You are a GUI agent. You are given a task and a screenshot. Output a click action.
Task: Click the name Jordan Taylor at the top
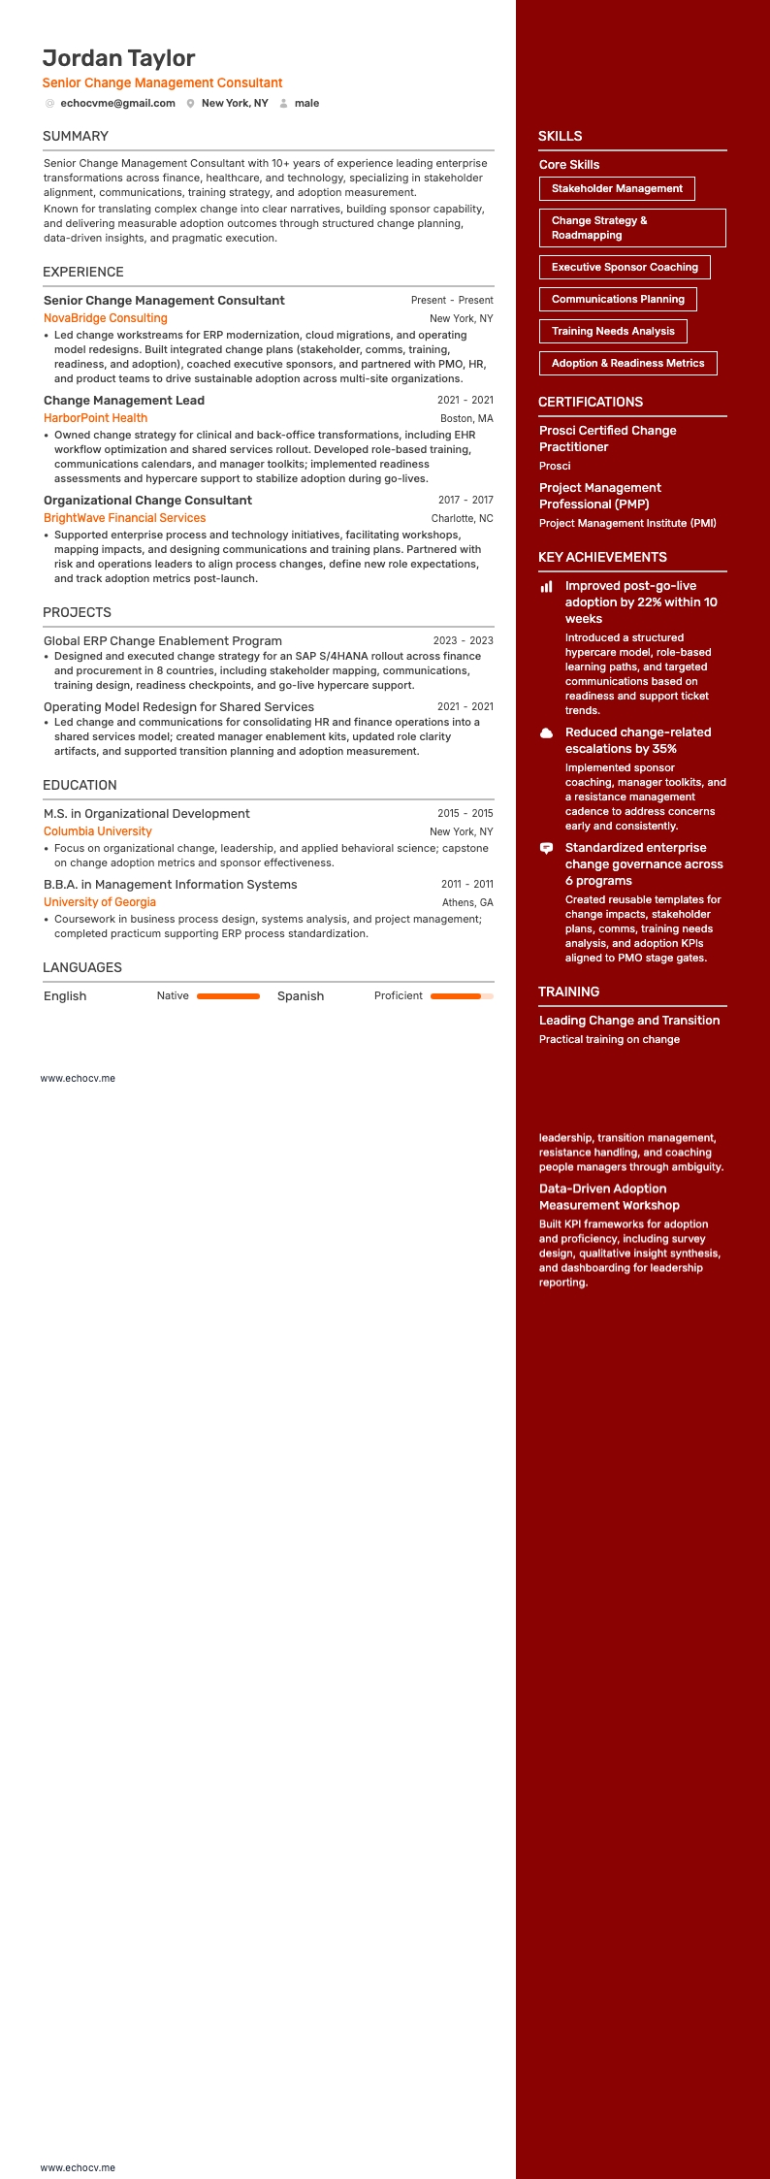(x=118, y=58)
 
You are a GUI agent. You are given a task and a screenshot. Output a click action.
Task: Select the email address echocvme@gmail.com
(x=117, y=103)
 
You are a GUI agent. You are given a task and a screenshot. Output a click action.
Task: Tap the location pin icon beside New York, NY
(x=191, y=104)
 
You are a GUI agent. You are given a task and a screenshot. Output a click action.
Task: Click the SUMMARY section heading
(x=76, y=136)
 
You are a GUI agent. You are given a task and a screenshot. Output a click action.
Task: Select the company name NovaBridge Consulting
(x=106, y=318)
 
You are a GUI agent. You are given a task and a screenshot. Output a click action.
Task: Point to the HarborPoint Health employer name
(x=95, y=418)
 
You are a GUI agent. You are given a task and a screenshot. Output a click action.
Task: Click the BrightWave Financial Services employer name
(x=124, y=518)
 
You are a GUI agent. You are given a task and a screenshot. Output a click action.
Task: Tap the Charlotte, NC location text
(x=462, y=518)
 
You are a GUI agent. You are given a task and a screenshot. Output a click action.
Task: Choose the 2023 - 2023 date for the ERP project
(x=463, y=640)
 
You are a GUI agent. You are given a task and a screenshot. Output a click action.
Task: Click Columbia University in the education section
(x=98, y=831)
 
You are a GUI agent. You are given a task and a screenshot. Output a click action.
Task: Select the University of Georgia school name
(x=100, y=902)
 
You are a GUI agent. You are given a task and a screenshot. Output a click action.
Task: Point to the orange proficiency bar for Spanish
(x=456, y=996)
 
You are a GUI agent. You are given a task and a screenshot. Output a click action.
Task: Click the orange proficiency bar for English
(x=228, y=996)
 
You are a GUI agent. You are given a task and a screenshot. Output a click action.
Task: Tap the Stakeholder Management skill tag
(x=617, y=188)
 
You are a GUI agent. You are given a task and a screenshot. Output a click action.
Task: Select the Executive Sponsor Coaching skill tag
(x=625, y=267)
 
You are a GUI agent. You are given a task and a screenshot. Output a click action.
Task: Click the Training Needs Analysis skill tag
(x=613, y=331)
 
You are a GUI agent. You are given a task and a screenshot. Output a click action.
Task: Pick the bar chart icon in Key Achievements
(x=547, y=586)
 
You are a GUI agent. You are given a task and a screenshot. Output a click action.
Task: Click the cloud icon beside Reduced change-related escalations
(x=547, y=732)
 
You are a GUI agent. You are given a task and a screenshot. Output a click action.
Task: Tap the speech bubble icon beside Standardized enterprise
(x=547, y=848)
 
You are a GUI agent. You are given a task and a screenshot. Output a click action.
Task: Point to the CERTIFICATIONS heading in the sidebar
(x=591, y=402)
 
